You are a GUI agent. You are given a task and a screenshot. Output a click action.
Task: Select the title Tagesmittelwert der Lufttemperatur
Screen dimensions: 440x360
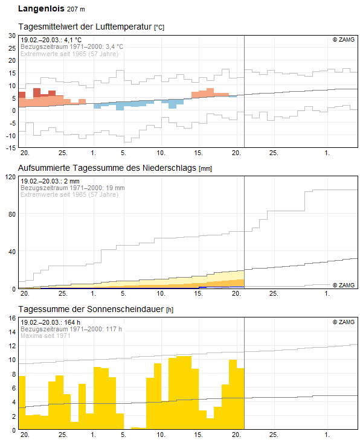tap(85, 27)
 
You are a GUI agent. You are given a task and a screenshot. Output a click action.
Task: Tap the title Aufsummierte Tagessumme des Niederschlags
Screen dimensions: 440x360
tap(108, 168)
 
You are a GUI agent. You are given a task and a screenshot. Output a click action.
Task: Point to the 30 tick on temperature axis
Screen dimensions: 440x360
tap(11, 36)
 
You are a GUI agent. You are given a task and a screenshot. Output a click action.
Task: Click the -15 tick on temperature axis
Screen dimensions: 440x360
tap(10, 147)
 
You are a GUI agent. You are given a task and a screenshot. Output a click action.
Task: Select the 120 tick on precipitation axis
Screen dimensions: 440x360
tap(10, 177)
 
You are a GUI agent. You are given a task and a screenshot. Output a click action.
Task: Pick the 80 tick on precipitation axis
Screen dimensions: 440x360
tap(11, 214)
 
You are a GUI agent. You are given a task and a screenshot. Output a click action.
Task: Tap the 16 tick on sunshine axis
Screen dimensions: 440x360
tap(11, 332)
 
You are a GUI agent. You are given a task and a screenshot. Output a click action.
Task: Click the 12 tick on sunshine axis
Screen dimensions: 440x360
tap(11, 346)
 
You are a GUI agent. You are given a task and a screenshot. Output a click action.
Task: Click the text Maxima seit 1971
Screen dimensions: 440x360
tap(45, 336)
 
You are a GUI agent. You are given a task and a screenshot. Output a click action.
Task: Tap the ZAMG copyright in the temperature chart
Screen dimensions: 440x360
tap(344, 40)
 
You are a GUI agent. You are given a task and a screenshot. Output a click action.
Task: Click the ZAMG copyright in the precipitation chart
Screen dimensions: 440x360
tap(344, 284)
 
